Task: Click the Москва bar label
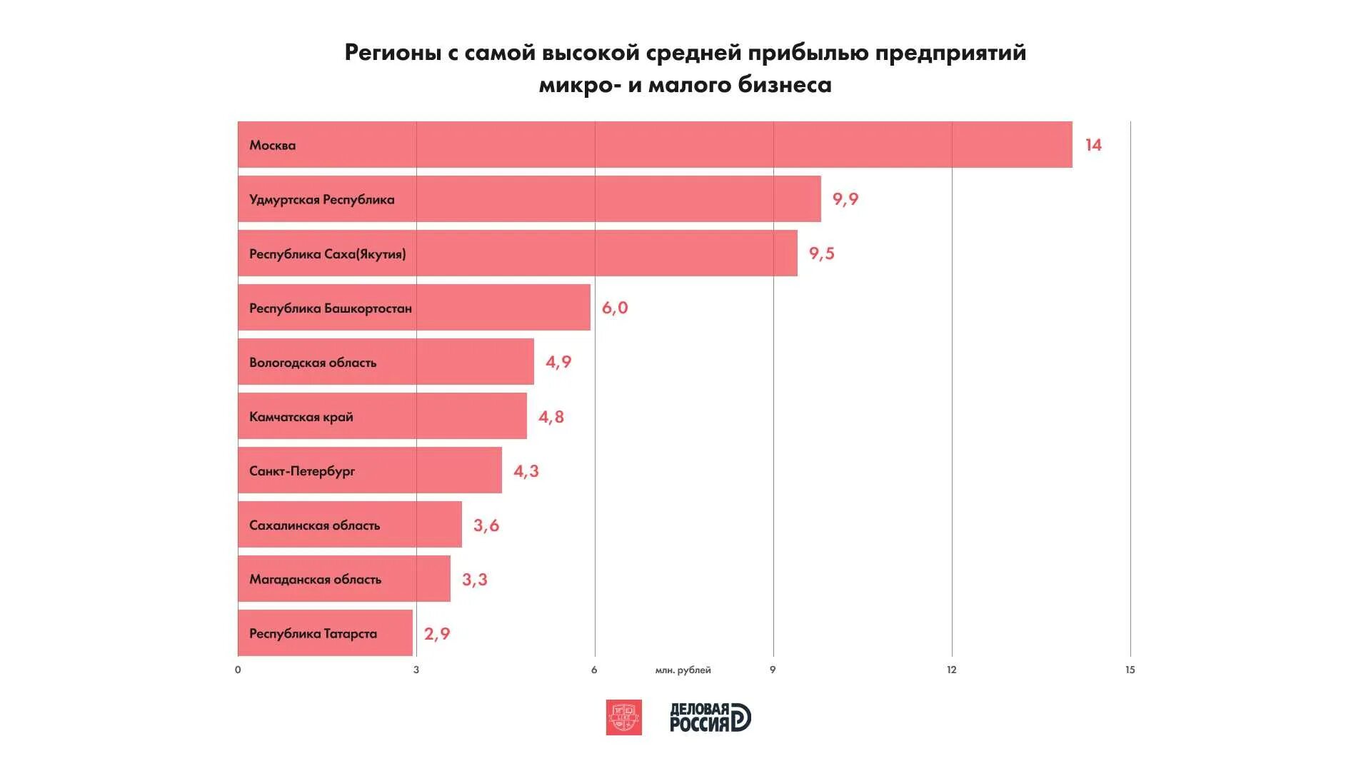point(272,145)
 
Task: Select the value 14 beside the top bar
point(1093,145)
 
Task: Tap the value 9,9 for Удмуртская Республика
point(845,199)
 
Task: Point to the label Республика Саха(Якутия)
point(327,254)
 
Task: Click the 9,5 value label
point(821,253)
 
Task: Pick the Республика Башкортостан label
point(330,308)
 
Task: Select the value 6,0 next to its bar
point(615,308)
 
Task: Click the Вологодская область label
point(313,363)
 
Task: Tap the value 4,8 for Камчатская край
point(551,417)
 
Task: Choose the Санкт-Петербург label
point(302,471)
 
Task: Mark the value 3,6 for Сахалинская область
point(486,525)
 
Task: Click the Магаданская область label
point(315,580)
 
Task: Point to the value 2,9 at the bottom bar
point(437,634)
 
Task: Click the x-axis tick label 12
point(951,670)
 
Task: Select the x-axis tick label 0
point(238,670)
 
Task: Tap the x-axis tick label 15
point(1130,670)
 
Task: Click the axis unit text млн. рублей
point(683,670)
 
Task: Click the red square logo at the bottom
point(623,717)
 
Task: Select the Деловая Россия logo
point(710,717)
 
